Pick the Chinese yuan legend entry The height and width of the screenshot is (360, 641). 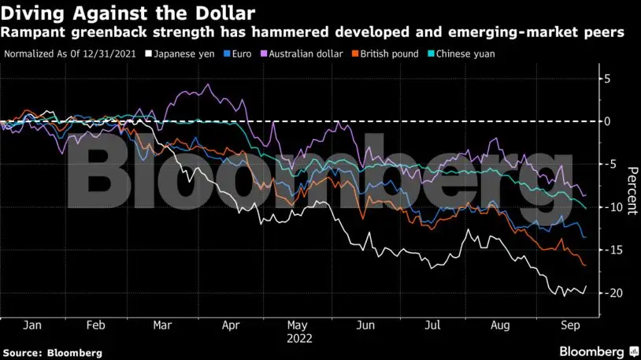(463, 54)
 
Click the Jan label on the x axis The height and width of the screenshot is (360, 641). (32, 325)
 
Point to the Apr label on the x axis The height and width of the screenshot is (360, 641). (231, 325)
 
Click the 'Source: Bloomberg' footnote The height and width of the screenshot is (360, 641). (52, 353)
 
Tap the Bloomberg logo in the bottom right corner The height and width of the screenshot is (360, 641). (598, 351)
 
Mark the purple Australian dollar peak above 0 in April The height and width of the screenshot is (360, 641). (207, 84)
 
